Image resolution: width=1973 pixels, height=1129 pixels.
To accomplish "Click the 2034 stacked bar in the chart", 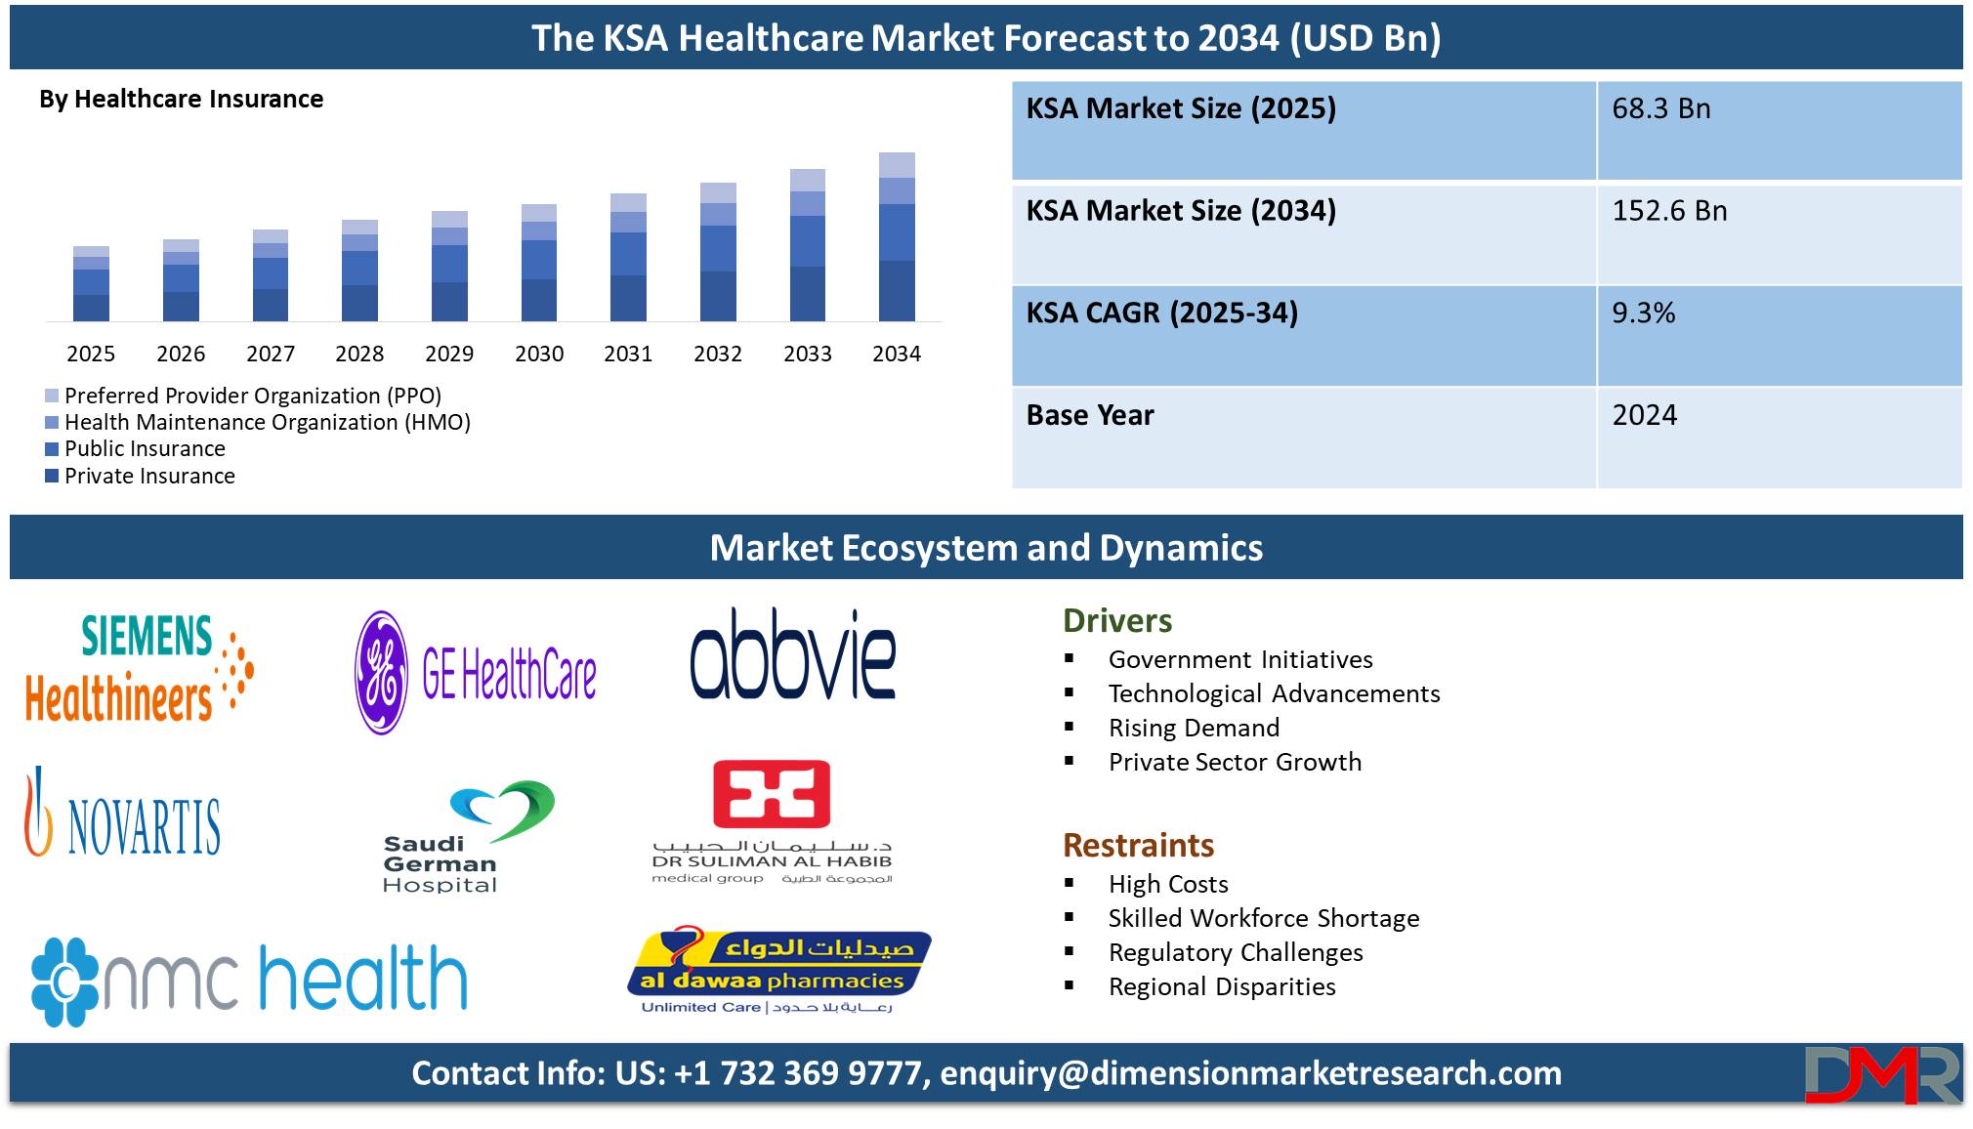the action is tap(897, 236).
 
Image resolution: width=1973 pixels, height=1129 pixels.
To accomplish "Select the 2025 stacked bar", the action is tap(91, 284).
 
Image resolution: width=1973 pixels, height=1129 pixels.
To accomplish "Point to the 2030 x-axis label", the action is tap(539, 354).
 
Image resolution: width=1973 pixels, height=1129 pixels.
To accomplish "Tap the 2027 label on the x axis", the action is tap(271, 354).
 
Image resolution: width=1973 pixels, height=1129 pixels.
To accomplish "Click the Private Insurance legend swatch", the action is tap(52, 476).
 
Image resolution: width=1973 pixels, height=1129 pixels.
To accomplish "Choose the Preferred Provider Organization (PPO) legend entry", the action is tap(243, 396).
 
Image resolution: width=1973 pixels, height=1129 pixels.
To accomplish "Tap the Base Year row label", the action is tap(1090, 415).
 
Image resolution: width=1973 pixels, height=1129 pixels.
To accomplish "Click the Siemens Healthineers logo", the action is tap(139, 669).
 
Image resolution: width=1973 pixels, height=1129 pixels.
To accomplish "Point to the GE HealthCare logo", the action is tap(476, 673).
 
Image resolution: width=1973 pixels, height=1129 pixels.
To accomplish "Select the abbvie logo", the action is tap(793, 653).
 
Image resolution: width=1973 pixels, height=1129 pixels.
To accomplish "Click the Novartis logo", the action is tap(122, 813).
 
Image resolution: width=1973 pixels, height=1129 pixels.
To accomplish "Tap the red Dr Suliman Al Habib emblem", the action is tap(772, 794).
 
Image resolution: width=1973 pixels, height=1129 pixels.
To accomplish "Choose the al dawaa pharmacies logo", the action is tap(778, 970).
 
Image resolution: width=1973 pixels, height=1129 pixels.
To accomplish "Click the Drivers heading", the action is tap(1117, 621).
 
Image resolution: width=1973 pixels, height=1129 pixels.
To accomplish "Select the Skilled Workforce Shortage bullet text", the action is tap(1264, 918).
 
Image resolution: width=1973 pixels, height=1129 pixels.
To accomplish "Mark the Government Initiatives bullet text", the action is tap(1240, 659).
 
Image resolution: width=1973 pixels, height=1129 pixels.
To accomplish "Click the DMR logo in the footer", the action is tap(1882, 1075).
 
